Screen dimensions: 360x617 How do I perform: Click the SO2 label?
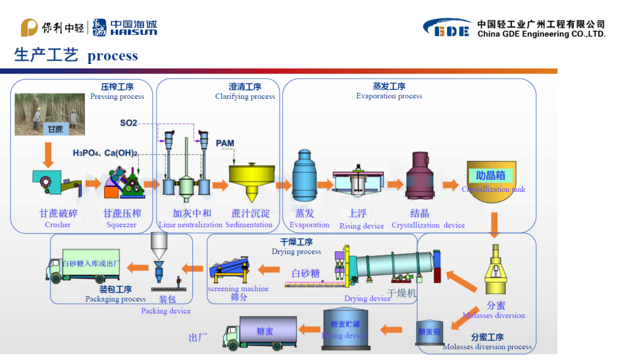128,123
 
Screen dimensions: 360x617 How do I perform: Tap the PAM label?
225,143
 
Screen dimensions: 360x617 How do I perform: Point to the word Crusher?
57,225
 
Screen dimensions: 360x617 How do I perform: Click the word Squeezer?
122,225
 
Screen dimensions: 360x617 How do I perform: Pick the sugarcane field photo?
49,114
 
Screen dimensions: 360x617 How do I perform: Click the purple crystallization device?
420,176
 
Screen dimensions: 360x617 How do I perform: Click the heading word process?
113,56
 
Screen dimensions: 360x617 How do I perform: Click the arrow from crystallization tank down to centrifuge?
495,227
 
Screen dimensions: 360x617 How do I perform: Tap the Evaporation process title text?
389,96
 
